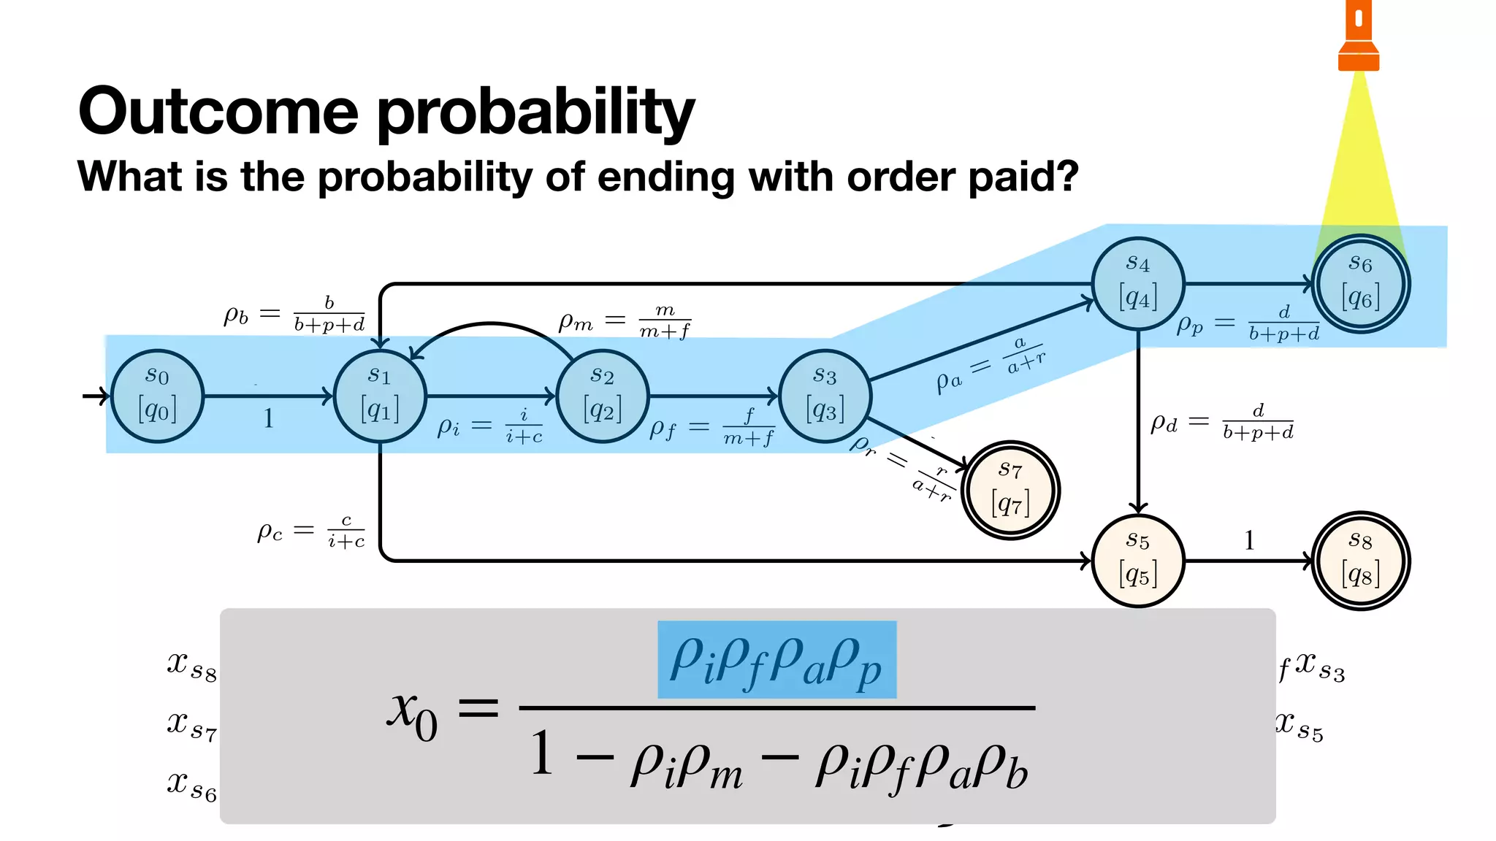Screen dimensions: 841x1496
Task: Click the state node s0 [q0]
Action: pos(157,396)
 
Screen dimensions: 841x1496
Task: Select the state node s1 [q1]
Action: pos(380,396)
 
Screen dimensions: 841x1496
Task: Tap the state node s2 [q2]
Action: pos(603,396)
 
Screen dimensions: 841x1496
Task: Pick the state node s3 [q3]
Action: pos(825,396)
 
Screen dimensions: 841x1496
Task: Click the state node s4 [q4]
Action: pos(1138,283)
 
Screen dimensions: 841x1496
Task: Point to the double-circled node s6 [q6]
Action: pos(1360,283)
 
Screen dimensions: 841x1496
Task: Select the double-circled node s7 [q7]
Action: pos(1010,490)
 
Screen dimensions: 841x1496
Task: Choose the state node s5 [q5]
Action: pos(1138,561)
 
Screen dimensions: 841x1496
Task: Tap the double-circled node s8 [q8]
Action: pos(1360,561)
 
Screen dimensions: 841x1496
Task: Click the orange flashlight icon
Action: pos(1359,37)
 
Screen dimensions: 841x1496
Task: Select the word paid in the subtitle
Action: pos(1023,177)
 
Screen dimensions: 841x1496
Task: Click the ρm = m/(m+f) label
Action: pos(625,321)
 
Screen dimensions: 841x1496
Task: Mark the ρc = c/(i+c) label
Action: pos(310,531)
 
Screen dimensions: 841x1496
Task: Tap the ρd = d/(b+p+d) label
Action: pos(1221,422)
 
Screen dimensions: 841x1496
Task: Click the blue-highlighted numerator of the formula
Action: pos(776,660)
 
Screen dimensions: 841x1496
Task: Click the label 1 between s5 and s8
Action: pos(1249,540)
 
